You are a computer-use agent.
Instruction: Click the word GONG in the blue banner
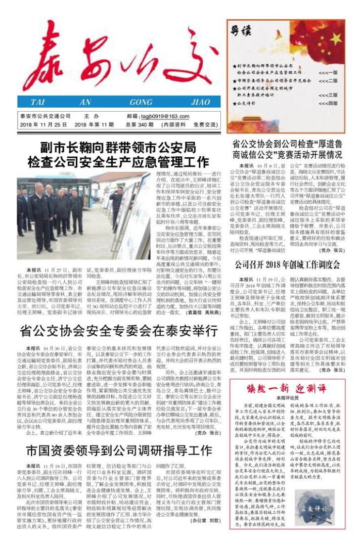[141, 102]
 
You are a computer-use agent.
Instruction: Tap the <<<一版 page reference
[328, 73]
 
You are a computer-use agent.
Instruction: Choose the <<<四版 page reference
[328, 103]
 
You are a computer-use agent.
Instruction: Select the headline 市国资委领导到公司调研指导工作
[119, 449]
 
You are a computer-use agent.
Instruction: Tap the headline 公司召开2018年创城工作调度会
[286, 264]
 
